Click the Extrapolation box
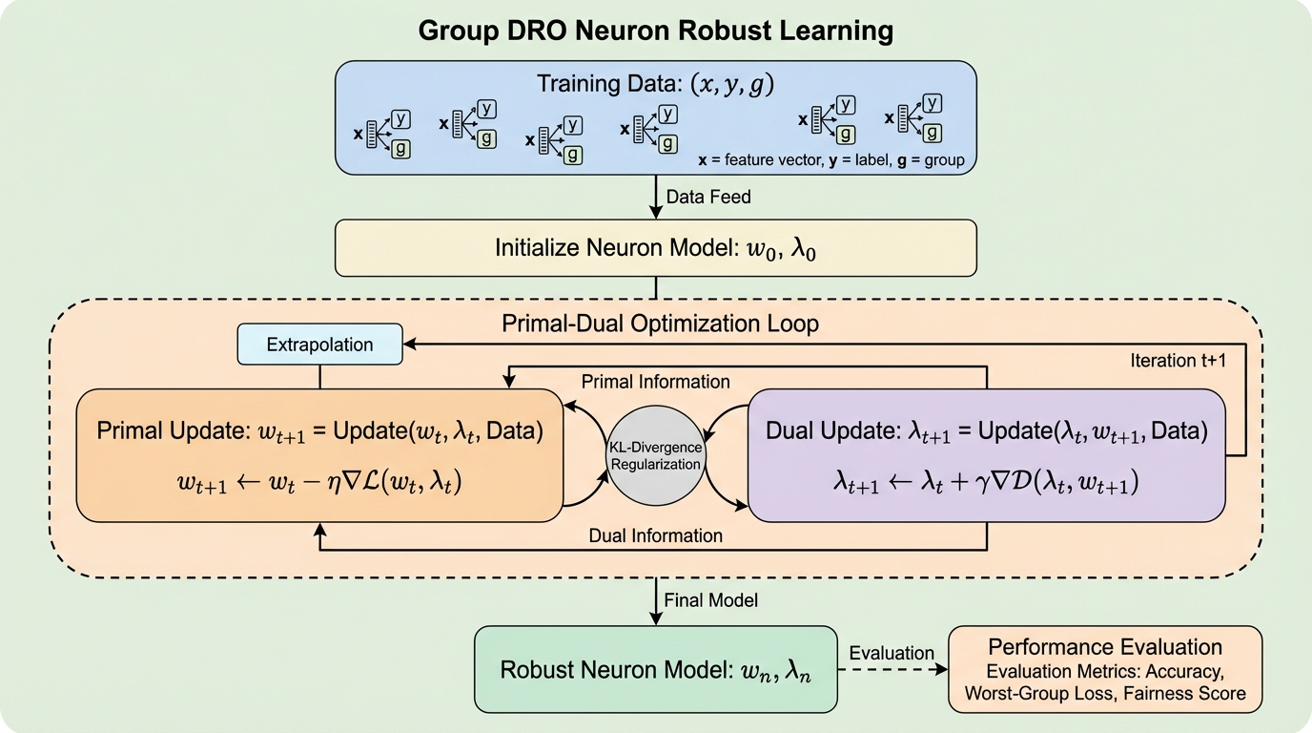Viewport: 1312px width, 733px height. coord(319,345)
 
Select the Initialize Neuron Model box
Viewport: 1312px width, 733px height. coord(656,248)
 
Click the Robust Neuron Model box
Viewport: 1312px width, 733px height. coord(656,668)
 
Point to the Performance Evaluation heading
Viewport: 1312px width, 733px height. coord(1105,647)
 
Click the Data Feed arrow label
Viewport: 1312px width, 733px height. coord(708,198)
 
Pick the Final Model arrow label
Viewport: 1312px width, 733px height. coord(711,600)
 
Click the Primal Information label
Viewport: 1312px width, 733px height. coord(656,382)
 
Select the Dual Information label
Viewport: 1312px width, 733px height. coord(656,535)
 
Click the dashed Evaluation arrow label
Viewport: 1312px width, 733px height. coord(892,654)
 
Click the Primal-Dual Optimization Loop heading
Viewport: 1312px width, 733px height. coord(660,324)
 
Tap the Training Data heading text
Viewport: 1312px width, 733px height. coord(655,84)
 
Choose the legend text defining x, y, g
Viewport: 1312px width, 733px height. coord(830,160)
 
